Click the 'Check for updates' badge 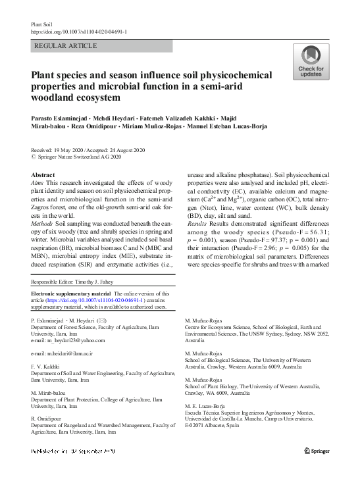(x=311, y=62)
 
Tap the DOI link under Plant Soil (x=80, y=31)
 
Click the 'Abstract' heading (x=43, y=175)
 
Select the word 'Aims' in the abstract (x=38, y=184)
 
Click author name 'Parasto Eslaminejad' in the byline (x=63, y=116)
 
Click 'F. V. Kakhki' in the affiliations (x=45, y=367)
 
